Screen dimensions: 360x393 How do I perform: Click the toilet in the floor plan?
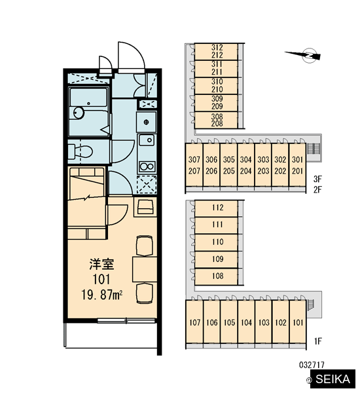tap(80, 151)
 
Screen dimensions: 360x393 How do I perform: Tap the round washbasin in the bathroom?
tap(79, 113)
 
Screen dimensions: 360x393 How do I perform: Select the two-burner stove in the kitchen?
tap(147, 166)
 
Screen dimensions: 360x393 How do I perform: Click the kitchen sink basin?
tap(147, 140)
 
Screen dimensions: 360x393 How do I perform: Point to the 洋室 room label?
tap(101, 264)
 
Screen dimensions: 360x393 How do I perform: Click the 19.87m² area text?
tap(102, 295)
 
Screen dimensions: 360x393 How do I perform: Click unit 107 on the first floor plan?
tap(194, 322)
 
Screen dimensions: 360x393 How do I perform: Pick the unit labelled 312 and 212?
tap(216, 52)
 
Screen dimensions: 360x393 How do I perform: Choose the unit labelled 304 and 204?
tap(245, 165)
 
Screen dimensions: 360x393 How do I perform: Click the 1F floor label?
tap(317, 341)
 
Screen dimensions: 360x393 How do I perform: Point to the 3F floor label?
tap(317, 179)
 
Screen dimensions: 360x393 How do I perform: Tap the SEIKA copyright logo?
tap(331, 379)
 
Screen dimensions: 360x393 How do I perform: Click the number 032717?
tap(312, 365)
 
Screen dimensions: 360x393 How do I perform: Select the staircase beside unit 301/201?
tap(311, 149)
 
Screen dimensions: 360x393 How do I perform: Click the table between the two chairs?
tap(145, 269)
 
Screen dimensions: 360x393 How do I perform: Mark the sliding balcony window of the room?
tap(126, 320)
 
